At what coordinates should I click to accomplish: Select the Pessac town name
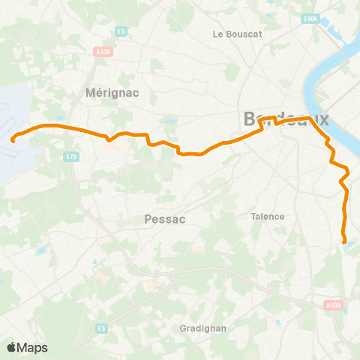[163, 220]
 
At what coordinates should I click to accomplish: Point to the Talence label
[268, 216]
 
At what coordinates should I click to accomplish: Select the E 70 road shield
[72, 156]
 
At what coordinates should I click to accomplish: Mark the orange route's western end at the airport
[13, 139]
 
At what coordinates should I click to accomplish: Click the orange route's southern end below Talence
[344, 241]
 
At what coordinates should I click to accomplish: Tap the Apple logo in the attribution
[11, 347]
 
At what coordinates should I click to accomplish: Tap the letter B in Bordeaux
[250, 119]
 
